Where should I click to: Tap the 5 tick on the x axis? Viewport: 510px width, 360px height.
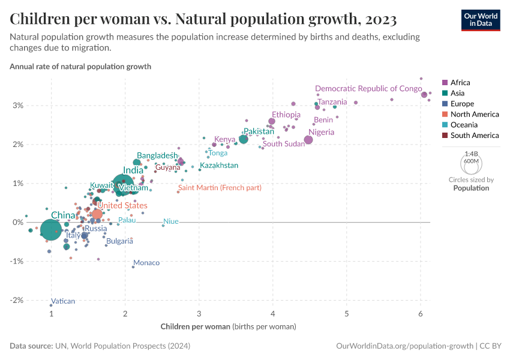[347, 314]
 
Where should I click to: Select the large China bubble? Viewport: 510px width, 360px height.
[51, 229]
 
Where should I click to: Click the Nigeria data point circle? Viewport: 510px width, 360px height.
[308, 140]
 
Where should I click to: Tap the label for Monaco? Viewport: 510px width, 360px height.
[146, 263]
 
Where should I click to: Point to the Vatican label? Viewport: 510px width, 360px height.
[63, 301]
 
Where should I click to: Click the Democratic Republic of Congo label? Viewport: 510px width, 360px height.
[368, 88]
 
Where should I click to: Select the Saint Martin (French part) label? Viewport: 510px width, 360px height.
[220, 188]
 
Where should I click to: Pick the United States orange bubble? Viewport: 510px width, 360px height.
[97, 214]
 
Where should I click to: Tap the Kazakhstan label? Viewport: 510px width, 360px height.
[219, 165]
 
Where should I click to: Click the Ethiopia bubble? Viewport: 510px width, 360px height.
[272, 121]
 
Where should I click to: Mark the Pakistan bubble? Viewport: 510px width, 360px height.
[244, 139]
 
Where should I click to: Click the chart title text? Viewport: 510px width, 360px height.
[203, 19]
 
